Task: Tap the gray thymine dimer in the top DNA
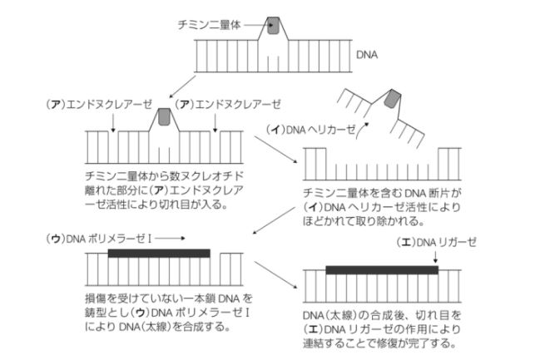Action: point(273,25)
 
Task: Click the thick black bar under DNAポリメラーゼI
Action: point(159,252)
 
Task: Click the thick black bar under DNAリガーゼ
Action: point(382,269)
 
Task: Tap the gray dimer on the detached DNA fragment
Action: point(393,100)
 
